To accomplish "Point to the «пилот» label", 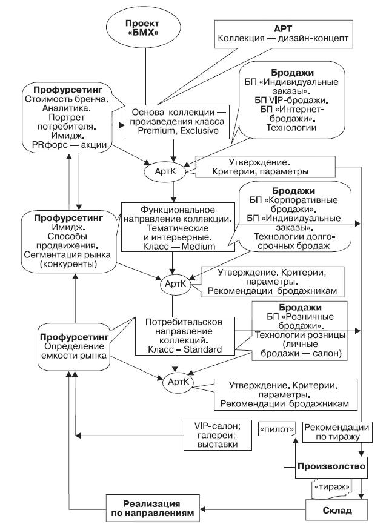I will pos(276,429).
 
